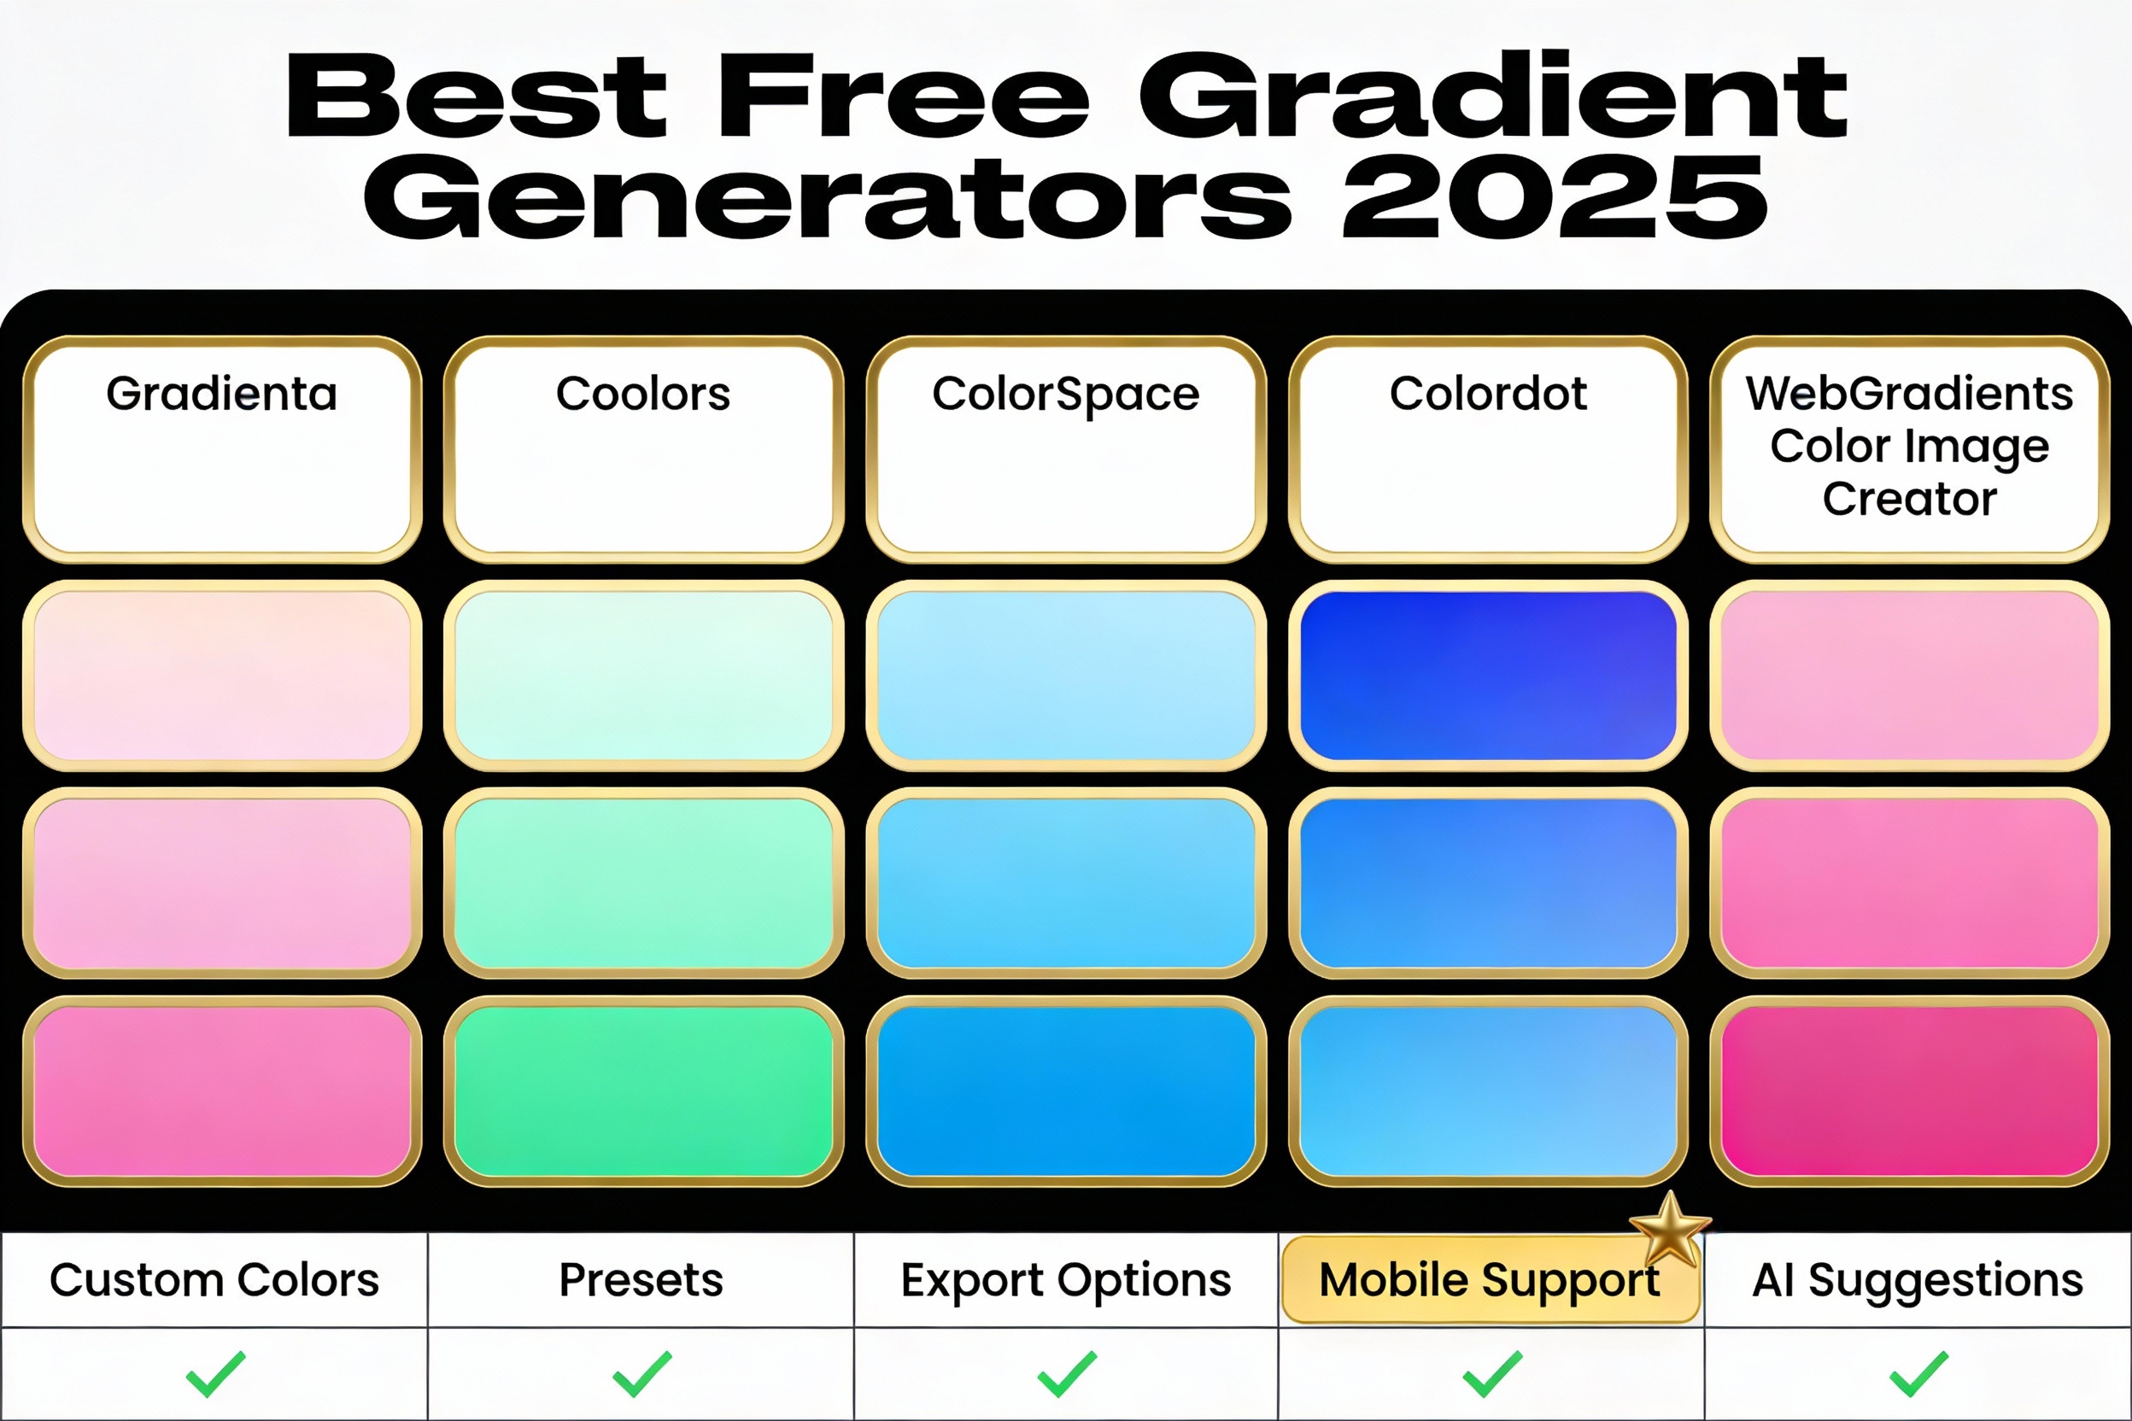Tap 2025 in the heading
tap(1554, 197)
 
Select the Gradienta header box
tap(222, 448)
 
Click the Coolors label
tap(642, 395)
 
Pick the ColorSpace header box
tap(1066, 448)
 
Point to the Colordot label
tap(1487, 395)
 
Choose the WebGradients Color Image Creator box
tap(1909, 448)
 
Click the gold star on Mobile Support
tap(1670, 1231)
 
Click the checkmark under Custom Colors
tap(215, 1374)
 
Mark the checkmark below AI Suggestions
tap(1919, 1374)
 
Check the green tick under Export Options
tap(1067, 1374)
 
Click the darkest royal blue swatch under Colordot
tap(1487, 675)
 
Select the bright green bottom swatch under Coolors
tap(642, 1091)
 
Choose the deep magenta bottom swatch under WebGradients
tap(1909, 1091)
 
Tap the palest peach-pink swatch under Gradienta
tap(222, 675)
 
